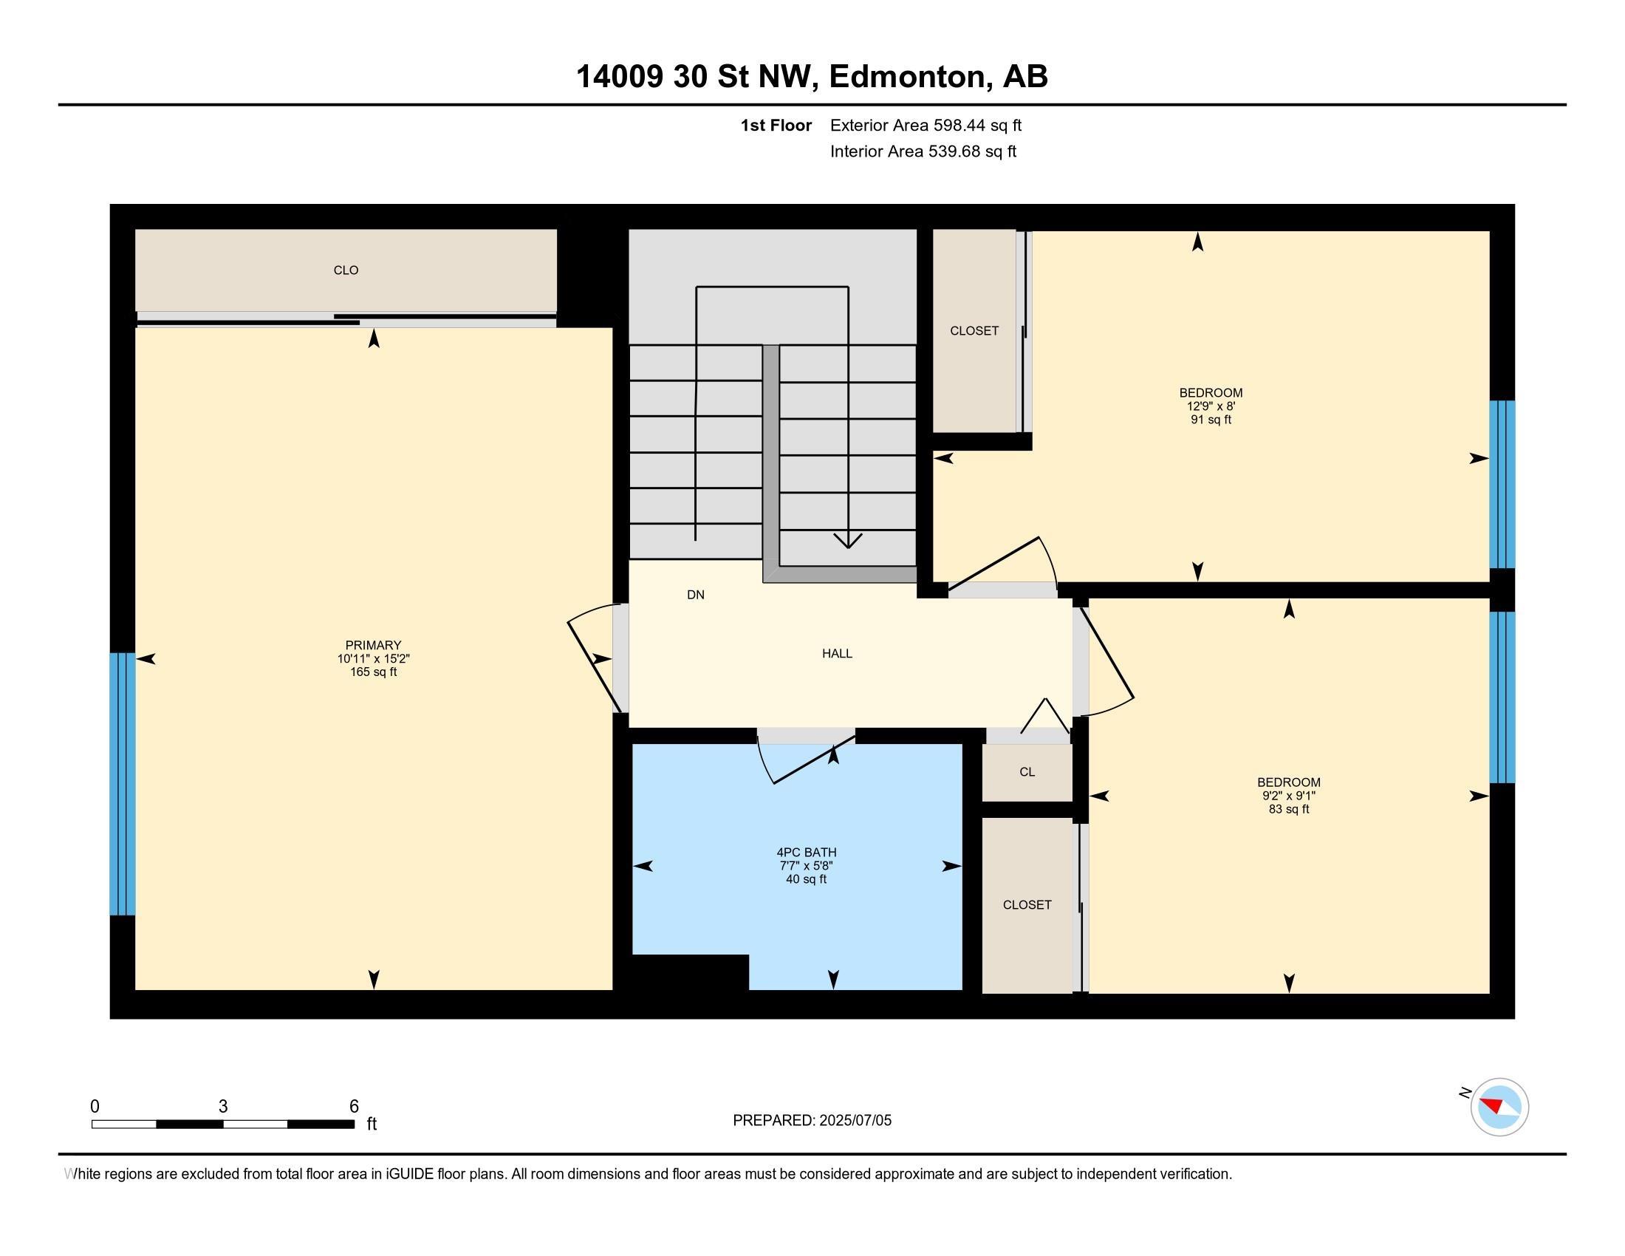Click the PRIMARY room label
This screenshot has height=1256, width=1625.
(373, 645)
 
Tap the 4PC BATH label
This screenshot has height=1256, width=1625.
(806, 853)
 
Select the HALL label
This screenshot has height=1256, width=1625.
(837, 653)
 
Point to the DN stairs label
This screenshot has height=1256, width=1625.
(696, 595)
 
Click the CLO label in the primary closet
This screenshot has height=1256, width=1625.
(346, 270)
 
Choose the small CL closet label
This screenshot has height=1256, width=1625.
(1027, 771)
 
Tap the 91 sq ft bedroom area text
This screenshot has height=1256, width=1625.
(1211, 420)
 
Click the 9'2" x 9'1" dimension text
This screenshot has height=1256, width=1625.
(1289, 796)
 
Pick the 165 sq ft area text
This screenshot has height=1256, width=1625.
(373, 672)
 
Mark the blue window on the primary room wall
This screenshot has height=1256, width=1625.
(123, 783)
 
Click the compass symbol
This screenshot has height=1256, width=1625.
(1499, 1107)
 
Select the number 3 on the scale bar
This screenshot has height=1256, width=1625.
(222, 1107)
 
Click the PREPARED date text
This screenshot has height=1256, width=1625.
(812, 1121)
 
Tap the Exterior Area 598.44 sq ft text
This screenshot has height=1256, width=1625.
(926, 125)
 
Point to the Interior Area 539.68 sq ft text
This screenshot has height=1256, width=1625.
(923, 151)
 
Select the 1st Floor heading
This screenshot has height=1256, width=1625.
(776, 125)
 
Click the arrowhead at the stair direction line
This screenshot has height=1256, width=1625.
(848, 541)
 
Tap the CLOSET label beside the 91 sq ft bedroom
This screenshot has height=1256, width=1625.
(974, 331)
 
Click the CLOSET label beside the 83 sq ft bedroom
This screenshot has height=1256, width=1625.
(1027, 905)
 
